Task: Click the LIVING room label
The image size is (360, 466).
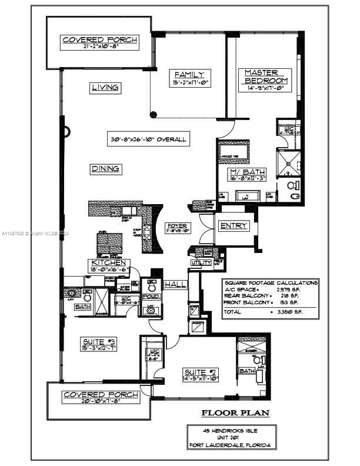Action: pos(106,88)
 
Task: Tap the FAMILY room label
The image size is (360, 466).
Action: pos(189,74)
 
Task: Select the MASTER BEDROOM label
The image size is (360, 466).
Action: pos(266,76)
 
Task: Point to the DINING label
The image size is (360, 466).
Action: pos(106,169)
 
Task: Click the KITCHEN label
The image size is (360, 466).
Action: pos(109,262)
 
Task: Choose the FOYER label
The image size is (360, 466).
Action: pos(177,226)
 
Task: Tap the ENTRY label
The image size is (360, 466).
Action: pos(232,226)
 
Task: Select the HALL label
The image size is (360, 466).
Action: pos(175,284)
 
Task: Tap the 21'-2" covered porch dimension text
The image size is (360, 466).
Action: pos(100,48)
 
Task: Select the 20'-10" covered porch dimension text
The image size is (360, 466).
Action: pos(101,402)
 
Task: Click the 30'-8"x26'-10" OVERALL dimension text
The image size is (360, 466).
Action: pos(148,139)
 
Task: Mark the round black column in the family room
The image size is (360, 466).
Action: pos(154,115)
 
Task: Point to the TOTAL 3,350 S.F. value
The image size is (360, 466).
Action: pos(291,312)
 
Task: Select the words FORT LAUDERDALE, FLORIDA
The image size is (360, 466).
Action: pos(230,445)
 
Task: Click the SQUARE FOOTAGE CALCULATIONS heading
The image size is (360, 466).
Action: pos(271,283)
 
